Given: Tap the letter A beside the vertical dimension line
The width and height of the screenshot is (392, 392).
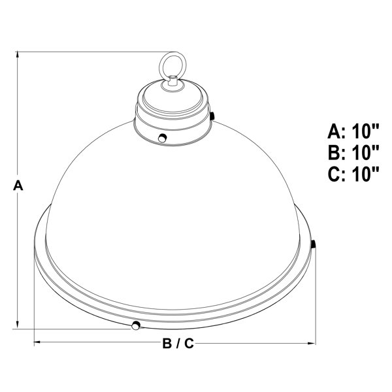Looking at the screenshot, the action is tap(18, 186).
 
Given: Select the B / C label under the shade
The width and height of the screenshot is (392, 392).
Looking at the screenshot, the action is tap(178, 343).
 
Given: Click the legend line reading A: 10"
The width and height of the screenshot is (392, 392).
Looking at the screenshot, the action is tap(353, 131).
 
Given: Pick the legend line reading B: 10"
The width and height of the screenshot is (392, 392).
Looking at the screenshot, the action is tap(353, 152).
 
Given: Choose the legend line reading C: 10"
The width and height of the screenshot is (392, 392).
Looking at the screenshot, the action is tap(353, 174).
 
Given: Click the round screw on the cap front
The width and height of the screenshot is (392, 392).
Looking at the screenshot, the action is tap(163, 138).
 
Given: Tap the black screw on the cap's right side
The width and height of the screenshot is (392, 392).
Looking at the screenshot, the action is tap(212, 116).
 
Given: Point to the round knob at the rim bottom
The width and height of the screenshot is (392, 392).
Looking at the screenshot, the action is tap(136, 325).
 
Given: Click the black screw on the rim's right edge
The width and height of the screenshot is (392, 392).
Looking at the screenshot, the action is tap(314, 244).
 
